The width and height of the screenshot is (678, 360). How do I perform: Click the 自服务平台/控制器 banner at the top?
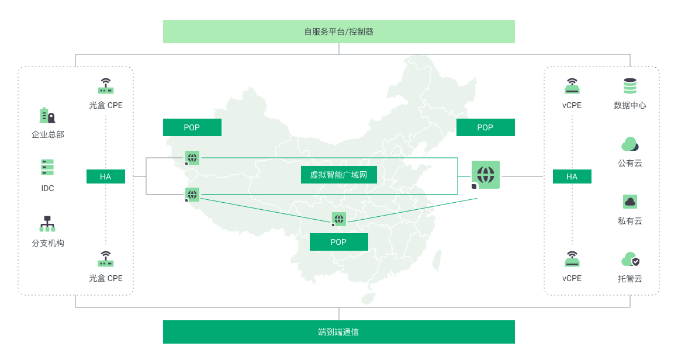338,32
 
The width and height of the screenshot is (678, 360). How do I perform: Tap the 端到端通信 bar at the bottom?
338,332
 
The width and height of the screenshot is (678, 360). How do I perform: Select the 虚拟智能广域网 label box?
338,175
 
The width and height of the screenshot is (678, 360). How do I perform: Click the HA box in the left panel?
106,176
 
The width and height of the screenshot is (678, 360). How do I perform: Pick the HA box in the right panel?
572,176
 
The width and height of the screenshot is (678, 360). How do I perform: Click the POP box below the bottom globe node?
338,242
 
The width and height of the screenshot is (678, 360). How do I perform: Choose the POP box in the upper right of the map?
486,127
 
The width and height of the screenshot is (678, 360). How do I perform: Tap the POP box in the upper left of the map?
192,127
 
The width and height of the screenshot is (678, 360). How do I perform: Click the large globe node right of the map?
486,175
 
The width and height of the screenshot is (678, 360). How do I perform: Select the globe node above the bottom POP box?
339,219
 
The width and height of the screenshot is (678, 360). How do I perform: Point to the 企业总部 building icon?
47,115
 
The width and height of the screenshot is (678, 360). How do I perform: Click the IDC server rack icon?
47,167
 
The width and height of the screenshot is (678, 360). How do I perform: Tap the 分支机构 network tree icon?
47,224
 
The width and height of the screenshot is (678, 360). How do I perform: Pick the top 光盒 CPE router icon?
106,86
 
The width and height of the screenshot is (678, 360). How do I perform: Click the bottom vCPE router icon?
572,259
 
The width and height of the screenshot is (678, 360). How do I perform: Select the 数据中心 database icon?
630,86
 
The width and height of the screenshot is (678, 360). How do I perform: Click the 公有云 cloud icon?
630,144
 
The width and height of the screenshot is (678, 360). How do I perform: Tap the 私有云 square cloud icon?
630,202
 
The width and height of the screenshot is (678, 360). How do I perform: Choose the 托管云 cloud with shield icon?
631,259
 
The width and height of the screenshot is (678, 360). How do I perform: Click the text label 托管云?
630,279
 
